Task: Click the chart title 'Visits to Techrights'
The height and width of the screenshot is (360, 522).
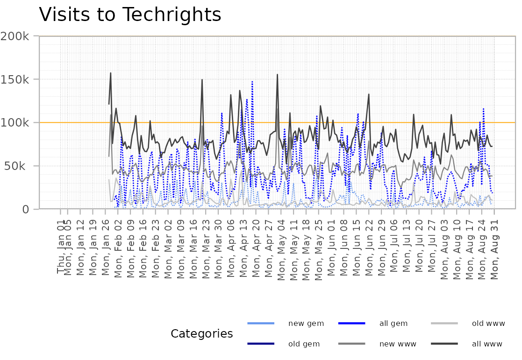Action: click(130, 15)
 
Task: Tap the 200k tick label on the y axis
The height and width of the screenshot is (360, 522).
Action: click(14, 36)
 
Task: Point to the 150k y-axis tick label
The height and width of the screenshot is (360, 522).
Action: click(14, 79)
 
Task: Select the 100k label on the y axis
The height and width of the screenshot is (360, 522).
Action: click(14, 123)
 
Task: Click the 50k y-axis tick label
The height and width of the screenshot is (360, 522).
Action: click(14, 166)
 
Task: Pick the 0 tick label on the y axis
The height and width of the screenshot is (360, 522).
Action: click(26, 209)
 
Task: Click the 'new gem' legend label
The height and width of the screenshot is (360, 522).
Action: click(306, 324)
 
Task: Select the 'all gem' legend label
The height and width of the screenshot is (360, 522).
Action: click(393, 324)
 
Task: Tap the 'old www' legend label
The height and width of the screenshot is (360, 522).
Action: click(488, 324)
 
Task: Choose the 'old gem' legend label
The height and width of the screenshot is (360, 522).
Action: click(304, 344)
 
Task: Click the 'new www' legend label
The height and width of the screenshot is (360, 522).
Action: click(398, 344)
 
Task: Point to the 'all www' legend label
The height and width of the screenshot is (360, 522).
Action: click(487, 344)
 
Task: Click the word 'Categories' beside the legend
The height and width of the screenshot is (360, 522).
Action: click(202, 334)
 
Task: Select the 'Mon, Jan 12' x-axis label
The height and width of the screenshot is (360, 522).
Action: click(80, 248)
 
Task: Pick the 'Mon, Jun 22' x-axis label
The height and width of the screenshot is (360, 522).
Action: click(369, 248)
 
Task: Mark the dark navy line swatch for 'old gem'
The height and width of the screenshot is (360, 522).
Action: click(261, 344)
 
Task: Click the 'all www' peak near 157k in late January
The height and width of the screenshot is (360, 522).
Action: click(111, 73)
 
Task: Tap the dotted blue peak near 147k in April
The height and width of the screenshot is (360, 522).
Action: click(252, 82)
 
